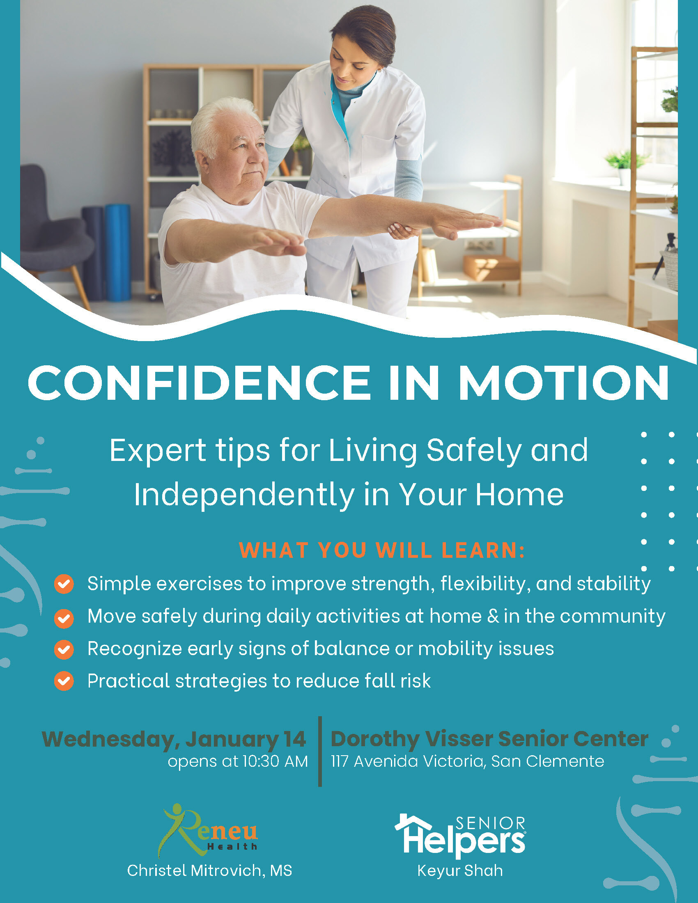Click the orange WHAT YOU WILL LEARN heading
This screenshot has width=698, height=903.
(x=382, y=550)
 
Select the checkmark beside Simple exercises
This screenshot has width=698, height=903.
(x=64, y=584)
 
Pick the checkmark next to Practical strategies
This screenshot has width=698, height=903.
(x=64, y=681)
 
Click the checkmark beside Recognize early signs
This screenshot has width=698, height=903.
(x=64, y=649)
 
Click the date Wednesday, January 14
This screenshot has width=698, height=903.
(x=174, y=740)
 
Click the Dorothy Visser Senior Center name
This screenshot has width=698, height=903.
(x=489, y=739)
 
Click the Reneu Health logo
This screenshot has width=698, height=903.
(x=209, y=832)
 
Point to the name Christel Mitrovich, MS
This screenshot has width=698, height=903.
(x=210, y=871)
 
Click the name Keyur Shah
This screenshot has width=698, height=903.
(x=460, y=871)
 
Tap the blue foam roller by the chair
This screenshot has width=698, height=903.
(x=117, y=252)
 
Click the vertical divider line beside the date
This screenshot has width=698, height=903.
(x=320, y=751)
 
